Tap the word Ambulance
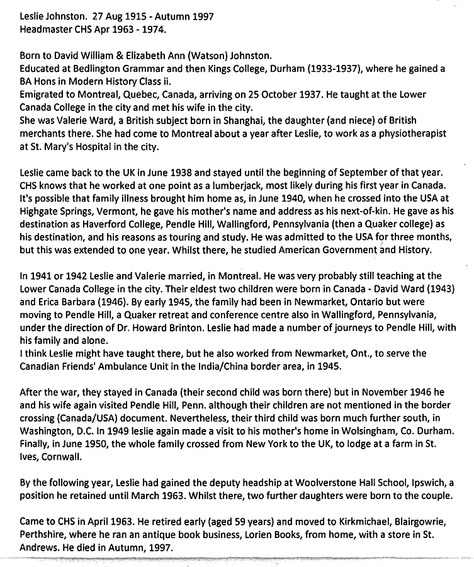click(x=128, y=367)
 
